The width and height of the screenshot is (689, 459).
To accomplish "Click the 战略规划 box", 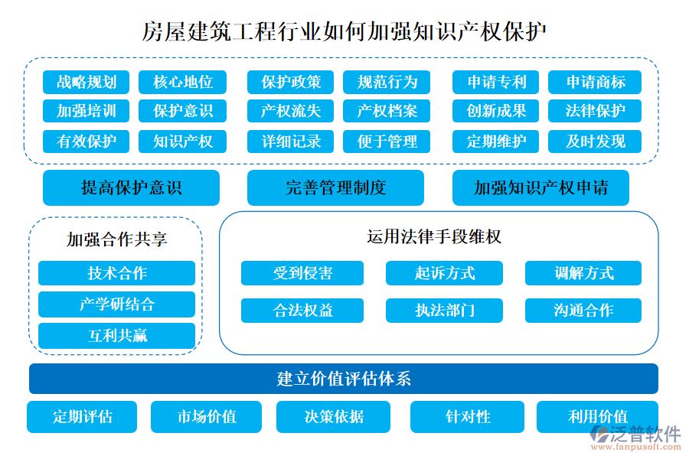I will [x=87, y=82].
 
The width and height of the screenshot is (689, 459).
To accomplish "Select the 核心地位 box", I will [x=183, y=82].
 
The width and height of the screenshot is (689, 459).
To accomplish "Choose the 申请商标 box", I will [x=595, y=82].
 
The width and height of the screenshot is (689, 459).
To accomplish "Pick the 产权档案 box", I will [x=387, y=111].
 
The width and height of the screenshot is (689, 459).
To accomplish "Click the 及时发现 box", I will [x=595, y=141].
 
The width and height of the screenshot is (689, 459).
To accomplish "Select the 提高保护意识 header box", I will [x=131, y=187].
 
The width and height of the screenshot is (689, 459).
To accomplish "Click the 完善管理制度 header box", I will [x=335, y=187].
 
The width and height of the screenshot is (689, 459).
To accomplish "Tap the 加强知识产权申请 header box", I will [x=540, y=187].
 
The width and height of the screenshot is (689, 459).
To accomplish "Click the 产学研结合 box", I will [x=116, y=304].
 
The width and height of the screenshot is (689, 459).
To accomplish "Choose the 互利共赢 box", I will [x=116, y=335].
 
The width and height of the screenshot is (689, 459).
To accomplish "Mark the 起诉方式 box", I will [x=444, y=273].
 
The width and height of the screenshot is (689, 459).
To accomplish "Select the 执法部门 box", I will [x=444, y=310].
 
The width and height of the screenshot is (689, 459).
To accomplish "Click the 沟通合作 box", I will [x=583, y=310].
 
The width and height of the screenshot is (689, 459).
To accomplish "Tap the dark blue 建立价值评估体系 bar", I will [x=343, y=379].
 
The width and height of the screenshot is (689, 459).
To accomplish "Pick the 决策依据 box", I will [x=333, y=417].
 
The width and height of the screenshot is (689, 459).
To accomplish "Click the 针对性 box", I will [x=468, y=417].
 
